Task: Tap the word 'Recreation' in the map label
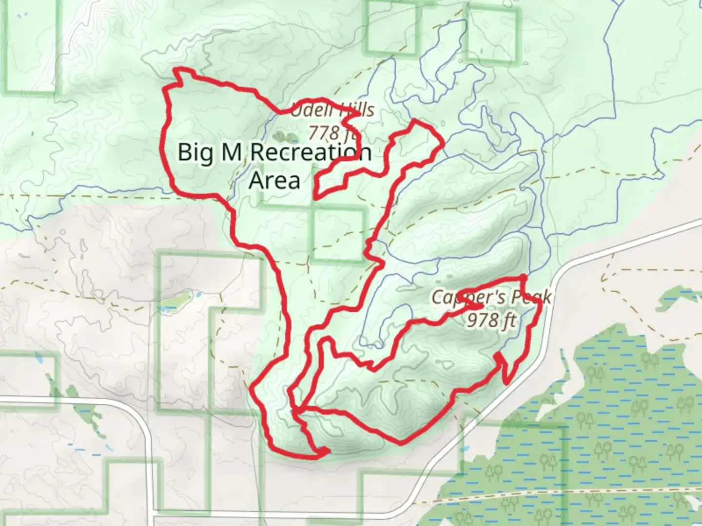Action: coord(311,152)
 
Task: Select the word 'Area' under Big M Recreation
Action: coord(274,180)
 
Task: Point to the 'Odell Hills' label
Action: coord(332,110)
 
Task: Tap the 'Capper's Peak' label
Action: coord(491,297)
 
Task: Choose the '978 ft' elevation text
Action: coord(490,320)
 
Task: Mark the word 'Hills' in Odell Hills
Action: coord(356,110)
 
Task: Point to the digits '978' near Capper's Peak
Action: coord(482,320)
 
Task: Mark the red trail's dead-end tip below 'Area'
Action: coord(317,198)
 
